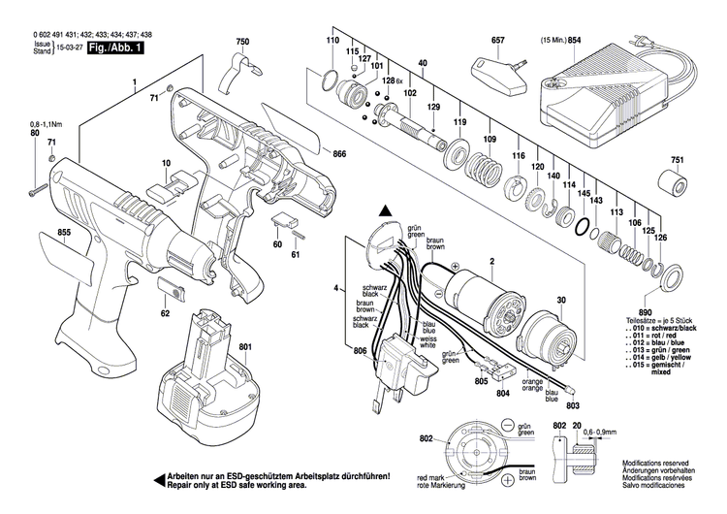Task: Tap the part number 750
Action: click(x=242, y=42)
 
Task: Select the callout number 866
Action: click(x=338, y=154)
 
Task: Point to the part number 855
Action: click(x=37, y=233)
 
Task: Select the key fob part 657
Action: click(x=493, y=70)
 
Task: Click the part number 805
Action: click(x=481, y=382)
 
